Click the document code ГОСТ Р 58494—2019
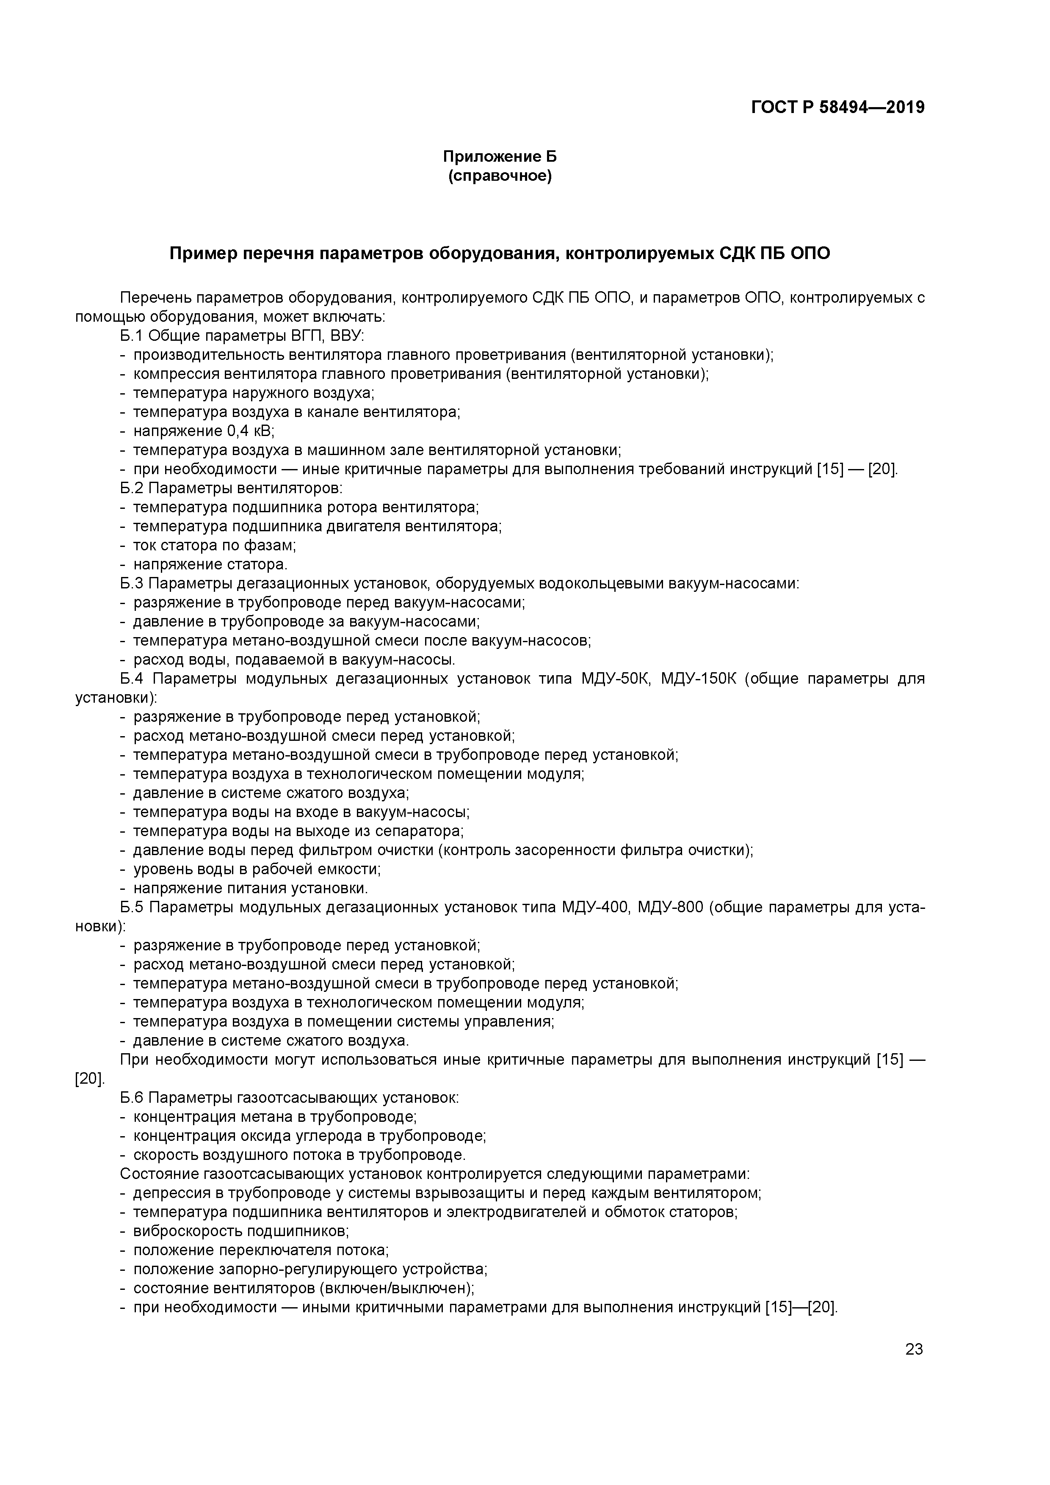pos(838,108)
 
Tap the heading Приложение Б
pos(500,157)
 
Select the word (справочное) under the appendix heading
pos(500,176)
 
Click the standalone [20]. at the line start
pos(90,1079)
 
